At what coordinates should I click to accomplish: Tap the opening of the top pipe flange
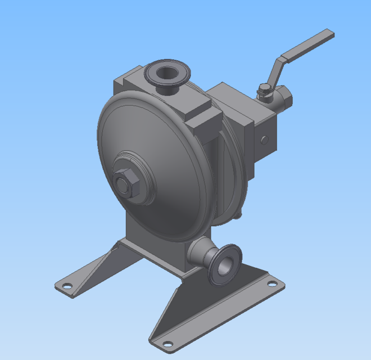[x=168, y=72]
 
